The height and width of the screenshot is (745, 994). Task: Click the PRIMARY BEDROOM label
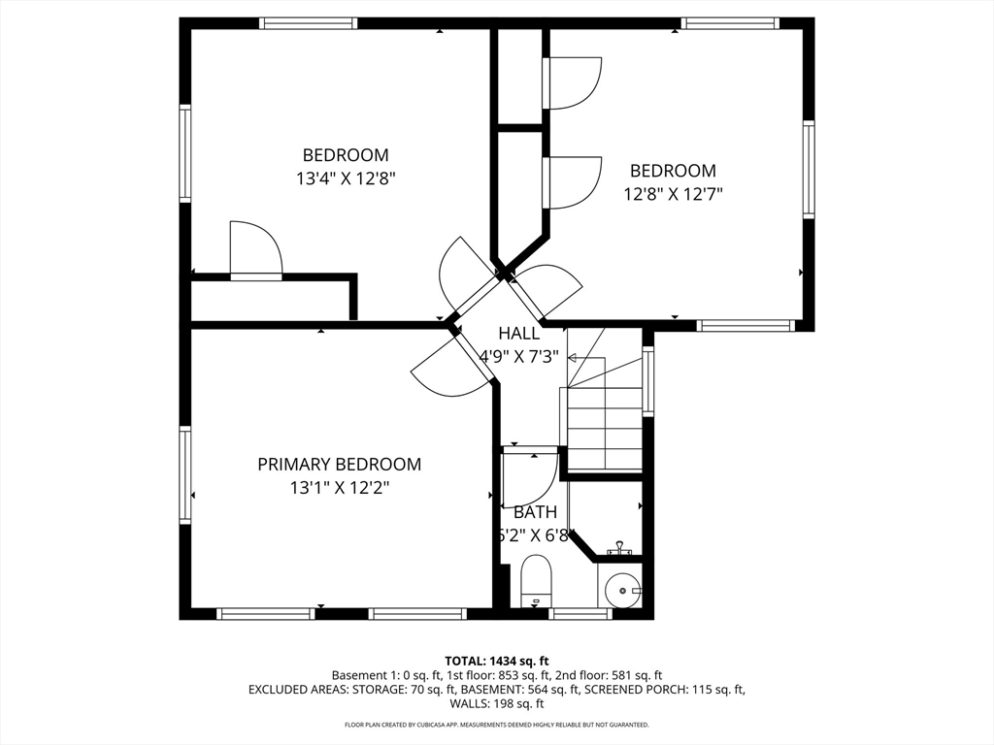[339, 465]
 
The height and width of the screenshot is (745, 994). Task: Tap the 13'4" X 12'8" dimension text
[346, 178]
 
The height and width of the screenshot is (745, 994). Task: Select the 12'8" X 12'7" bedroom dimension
[674, 194]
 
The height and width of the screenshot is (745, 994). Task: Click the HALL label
[518, 334]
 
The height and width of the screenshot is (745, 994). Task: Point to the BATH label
[535, 512]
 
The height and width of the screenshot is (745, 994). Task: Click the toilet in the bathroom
[536, 580]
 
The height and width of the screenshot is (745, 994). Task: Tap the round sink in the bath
[622, 590]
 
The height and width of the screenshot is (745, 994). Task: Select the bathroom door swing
[529, 478]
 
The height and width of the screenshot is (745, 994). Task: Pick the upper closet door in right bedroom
[573, 83]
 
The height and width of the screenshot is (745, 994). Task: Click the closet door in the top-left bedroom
[256, 249]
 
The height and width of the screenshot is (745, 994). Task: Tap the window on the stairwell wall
[647, 380]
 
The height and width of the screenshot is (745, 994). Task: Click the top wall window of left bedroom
[308, 23]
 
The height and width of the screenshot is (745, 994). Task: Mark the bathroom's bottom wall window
[580, 613]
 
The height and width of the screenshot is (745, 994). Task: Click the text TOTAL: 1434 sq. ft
[496, 661]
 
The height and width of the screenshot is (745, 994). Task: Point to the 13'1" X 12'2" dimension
[340, 488]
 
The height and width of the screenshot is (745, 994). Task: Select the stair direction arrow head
[571, 358]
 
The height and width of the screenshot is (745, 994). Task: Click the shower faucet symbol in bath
[619, 549]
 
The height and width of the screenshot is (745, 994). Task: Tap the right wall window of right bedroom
[809, 169]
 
